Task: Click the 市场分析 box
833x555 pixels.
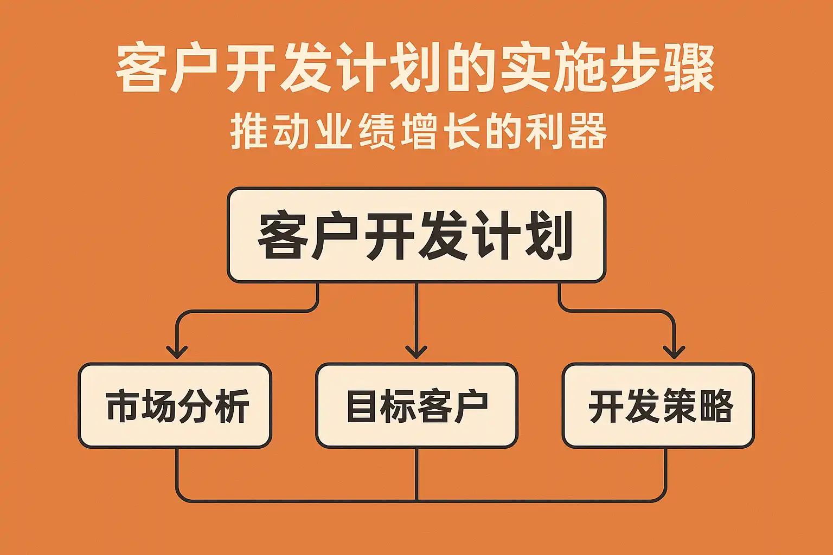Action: (x=175, y=405)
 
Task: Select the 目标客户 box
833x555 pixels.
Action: (x=416, y=405)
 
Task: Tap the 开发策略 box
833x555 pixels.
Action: (x=658, y=405)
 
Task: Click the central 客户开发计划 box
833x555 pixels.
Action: (x=416, y=235)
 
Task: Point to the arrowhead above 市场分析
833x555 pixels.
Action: (x=177, y=352)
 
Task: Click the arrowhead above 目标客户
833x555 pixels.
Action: (x=416, y=352)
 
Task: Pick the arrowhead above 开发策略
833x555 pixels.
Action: (x=674, y=352)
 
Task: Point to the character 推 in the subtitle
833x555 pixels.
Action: (x=249, y=132)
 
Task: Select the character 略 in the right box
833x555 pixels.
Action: (x=716, y=406)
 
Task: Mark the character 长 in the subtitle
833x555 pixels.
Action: (x=462, y=132)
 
